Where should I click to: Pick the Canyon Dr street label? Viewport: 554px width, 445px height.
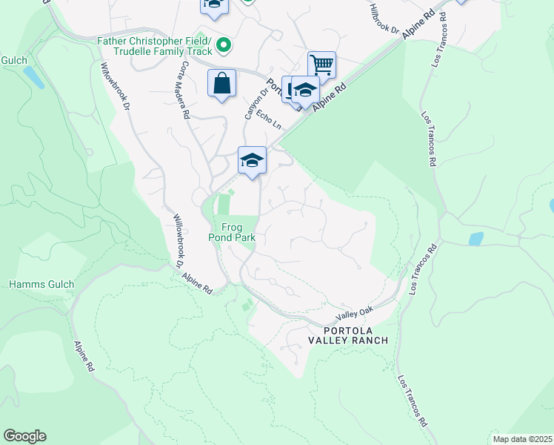click(x=250, y=106)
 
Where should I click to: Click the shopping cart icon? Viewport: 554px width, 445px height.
click(x=322, y=65)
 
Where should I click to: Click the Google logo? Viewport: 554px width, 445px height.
click(x=24, y=436)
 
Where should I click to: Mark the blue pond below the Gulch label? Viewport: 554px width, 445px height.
click(x=33, y=76)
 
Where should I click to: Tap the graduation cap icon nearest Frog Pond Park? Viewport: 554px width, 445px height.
click(x=252, y=159)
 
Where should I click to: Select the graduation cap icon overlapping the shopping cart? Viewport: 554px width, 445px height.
click(x=304, y=90)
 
